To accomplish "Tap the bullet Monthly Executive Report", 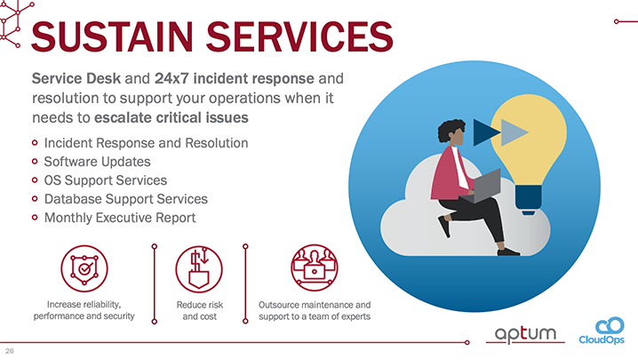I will (x=120, y=217).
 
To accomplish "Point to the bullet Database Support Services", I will (x=125, y=199).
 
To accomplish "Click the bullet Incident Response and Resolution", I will (x=146, y=143).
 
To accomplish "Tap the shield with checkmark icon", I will (x=84, y=267).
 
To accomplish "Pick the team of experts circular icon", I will (x=314, y=267).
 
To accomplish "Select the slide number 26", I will (x=10, y=352).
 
